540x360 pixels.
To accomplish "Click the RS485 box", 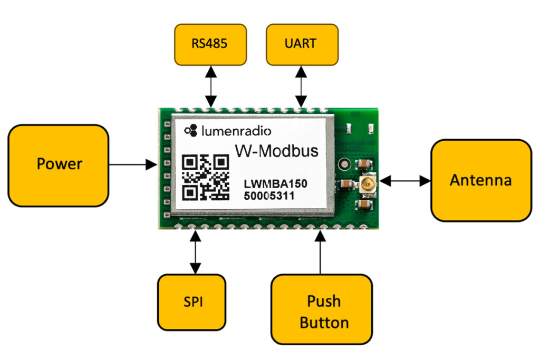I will [210, 44].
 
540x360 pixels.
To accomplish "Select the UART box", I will [301, 44].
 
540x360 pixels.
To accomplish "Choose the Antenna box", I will [480, 180].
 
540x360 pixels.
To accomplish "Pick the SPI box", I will [191, 303].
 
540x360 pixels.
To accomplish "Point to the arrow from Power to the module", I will [132, 165].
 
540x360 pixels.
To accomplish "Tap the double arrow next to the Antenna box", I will [404, 181].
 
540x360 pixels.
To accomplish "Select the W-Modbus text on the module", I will [276, 151].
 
